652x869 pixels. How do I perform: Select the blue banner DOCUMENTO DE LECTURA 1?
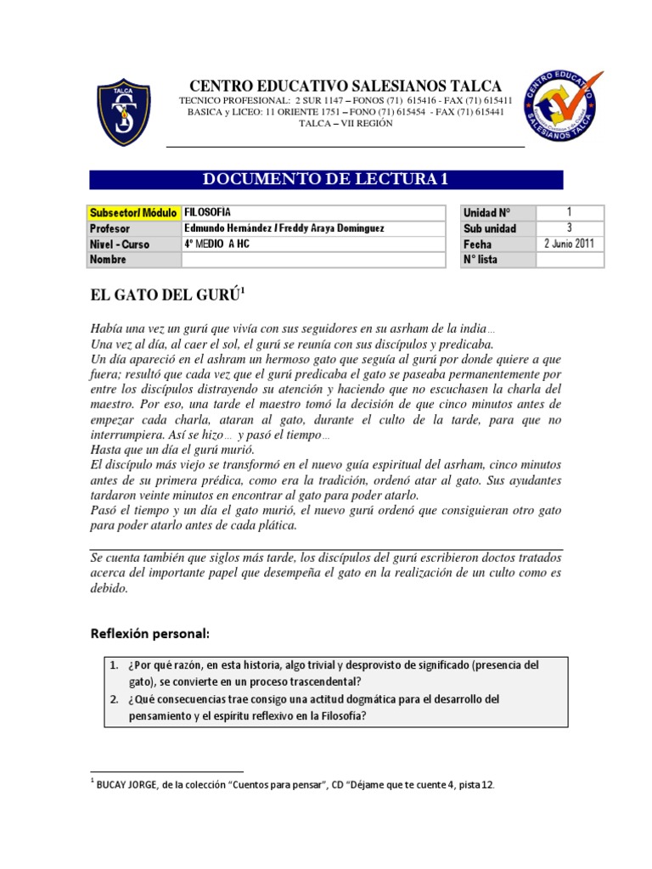tap(326, 179)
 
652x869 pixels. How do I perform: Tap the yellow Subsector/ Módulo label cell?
tap(134, 212)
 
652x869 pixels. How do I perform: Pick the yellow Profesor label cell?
tap(134, 228)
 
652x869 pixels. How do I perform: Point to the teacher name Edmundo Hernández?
tap(226, 228)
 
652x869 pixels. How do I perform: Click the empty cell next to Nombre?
tap(311, 260)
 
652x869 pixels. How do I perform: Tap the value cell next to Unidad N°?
tap(569, 212)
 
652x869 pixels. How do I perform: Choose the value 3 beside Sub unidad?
tap(569, 228)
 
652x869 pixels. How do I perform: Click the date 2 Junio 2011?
tap(569, 244)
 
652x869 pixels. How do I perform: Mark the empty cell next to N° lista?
tap(569, 260)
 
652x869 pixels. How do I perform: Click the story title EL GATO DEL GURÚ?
tap(166, 294)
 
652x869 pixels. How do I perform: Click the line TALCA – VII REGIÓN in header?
tap(346, 123)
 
